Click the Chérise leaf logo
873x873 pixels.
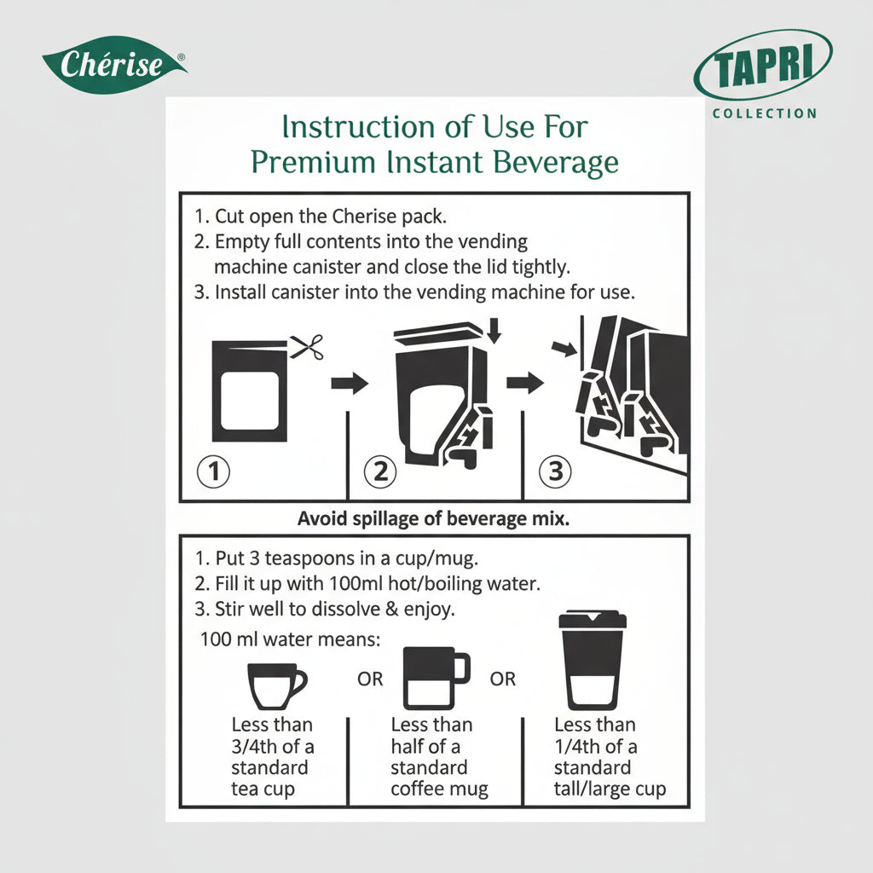(x=114, y=65)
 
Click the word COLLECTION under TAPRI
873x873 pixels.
(x=764, y=113)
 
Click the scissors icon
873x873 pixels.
(x=307, y=347)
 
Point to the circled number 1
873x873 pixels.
(x=214, y=471)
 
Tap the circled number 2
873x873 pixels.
(x=380, y=471)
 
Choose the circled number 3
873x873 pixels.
(x=555, y=471)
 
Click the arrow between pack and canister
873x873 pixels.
(x=350, y=383)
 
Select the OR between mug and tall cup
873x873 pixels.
(x=503, y=679)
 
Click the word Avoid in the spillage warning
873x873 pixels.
(x=321, y=518)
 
